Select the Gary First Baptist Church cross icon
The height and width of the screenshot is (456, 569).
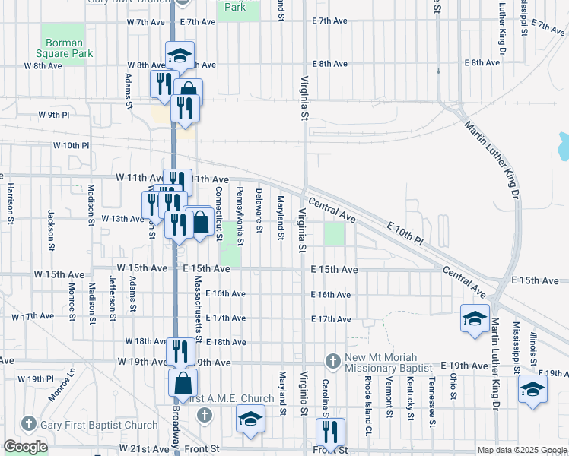coord(29,423)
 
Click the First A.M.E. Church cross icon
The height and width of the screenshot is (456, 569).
coord(203,414)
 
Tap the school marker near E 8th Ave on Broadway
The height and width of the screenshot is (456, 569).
coord(180,55)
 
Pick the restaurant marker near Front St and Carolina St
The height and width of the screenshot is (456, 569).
coord(330,432)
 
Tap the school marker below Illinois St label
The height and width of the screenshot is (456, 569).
coord(532,391)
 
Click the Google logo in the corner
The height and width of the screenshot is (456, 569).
coord(25,448)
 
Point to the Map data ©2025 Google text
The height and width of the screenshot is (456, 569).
coord(521,450)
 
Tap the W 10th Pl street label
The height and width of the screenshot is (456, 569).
coord(71,144)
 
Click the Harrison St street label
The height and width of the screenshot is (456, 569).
coord(11,203)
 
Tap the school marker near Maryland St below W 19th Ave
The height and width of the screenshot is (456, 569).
coord(250,420)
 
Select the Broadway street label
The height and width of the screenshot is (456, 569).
coord(176,424)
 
